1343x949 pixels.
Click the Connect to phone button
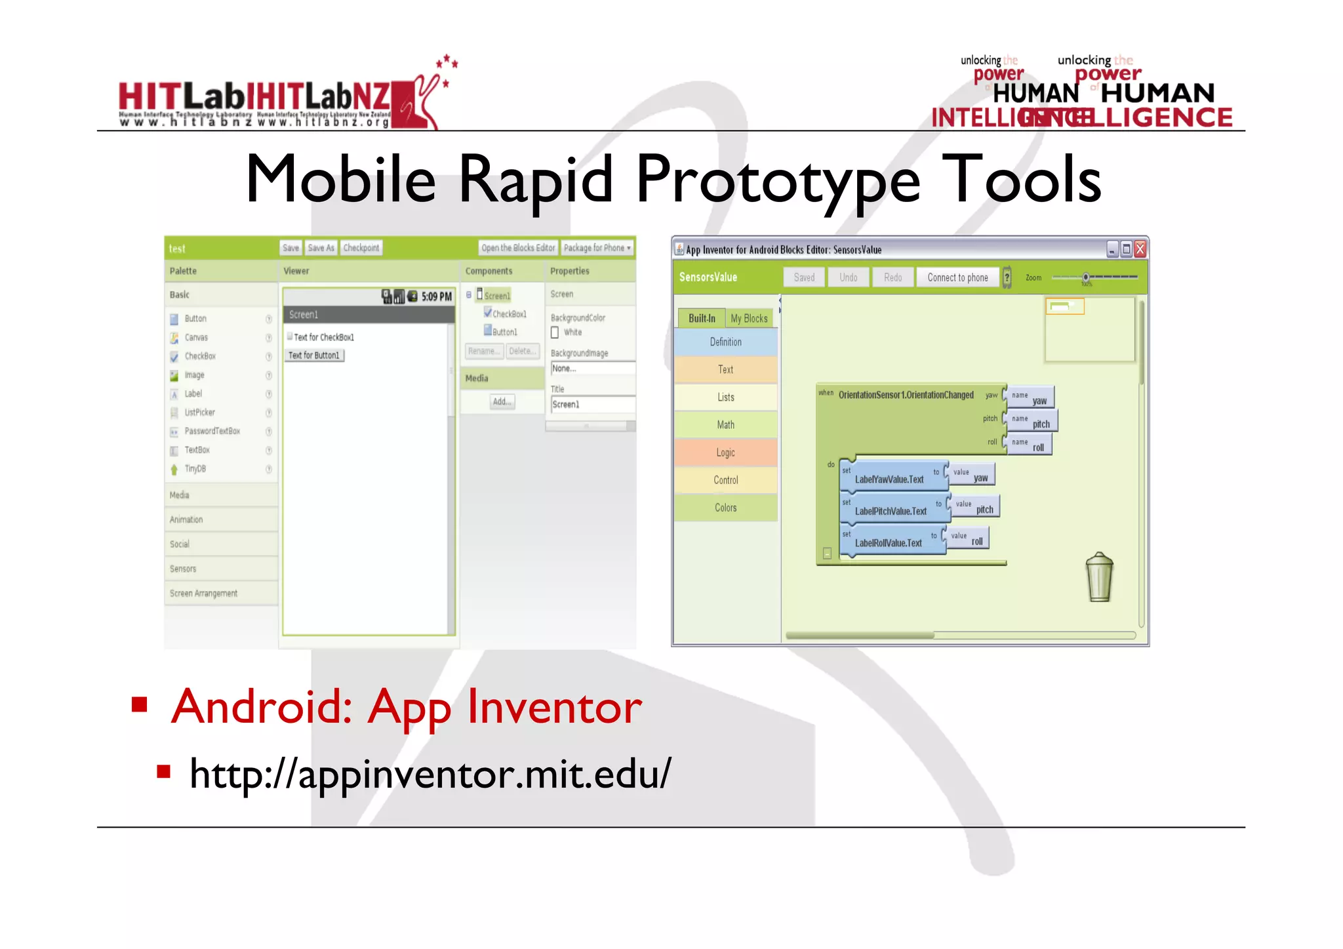pyautogui.click(x=957, y=277)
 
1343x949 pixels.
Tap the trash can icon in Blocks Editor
pyautogui.click(x=1099, y=578)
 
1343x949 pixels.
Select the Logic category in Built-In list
pyautogui.click(x=725, y=453)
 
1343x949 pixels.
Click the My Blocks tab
pyautogui.click(x=749, y=318)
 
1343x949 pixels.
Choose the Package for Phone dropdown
pyautogui.click(x=597, y=248)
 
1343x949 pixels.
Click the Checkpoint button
pyautogui.click(x=361, y=248)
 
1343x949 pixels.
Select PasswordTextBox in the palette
pyautogui.click(x=212, y=431)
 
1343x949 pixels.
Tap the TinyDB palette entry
pyautogui.click(x=195, y=469)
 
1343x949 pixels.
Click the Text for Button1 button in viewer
pyautogui.click(x=315, y=355)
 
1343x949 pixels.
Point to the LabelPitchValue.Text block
pyautogui.click(x=891, y=511)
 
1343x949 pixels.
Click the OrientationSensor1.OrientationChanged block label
pyautogui.click(x=906, y=395)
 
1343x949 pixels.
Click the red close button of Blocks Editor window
pyautogui.click(x=1140, y=249)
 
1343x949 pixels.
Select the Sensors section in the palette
pyautogui.click(x=183, y=569)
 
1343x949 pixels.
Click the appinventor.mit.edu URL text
pyautogui.click(x=430, y=774)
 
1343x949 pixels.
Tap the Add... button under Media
pyautogui.click(x=502, y=401)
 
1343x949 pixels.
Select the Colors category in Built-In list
pyautogui.click(x=725, y=508)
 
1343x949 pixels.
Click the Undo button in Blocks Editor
pyautogui.click(x=848, y=277)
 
